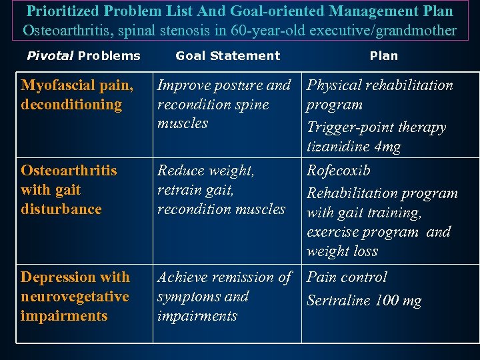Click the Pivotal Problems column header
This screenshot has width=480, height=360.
coord(83,56)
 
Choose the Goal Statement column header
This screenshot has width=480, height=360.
coord(228,56)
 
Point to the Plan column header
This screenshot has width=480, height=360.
coord(384,56)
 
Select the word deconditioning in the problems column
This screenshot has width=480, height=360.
coord(71,105)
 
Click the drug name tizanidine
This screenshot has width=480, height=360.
coord(340,147)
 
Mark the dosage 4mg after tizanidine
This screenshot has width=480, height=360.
coord(389,147)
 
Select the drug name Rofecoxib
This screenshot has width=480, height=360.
coord(339,171)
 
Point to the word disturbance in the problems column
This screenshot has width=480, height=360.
coord(61,209)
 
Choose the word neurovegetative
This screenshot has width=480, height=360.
coord(75,297)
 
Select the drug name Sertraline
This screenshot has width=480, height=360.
coord(338,301)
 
